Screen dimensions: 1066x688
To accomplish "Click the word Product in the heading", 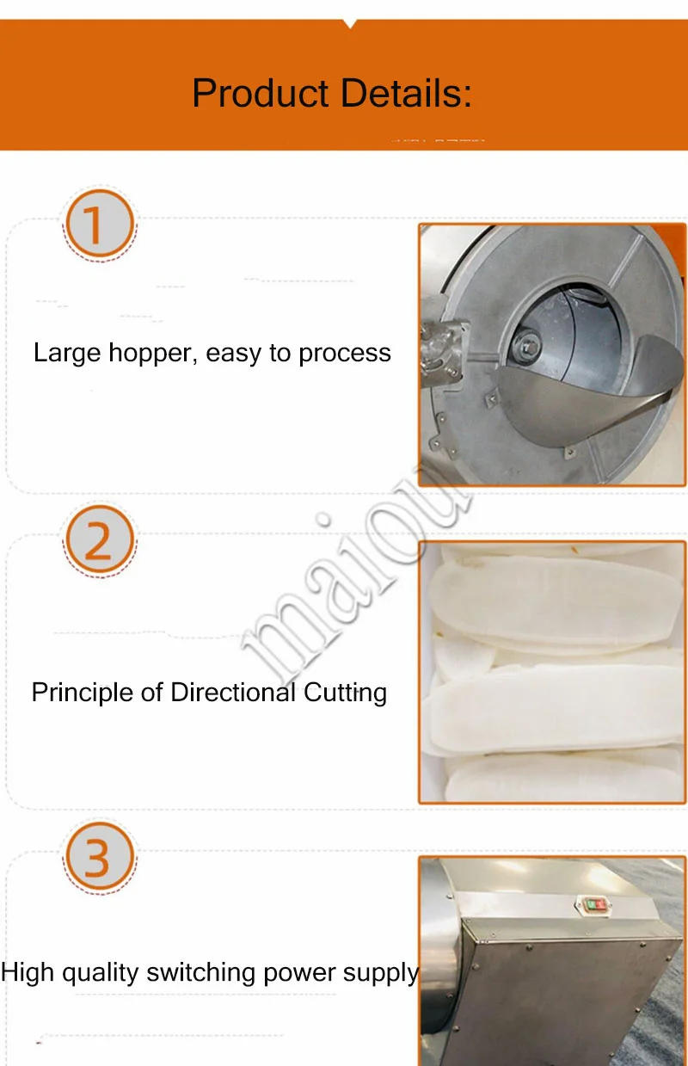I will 260,93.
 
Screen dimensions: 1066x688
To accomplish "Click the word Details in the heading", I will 405,93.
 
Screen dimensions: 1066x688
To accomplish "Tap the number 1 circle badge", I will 99,225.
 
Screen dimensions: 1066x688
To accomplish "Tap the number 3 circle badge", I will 99,858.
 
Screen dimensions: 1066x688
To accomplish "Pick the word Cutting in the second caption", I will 346,693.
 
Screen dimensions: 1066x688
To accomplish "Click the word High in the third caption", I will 27,973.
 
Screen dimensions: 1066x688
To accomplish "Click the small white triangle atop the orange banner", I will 349,23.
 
